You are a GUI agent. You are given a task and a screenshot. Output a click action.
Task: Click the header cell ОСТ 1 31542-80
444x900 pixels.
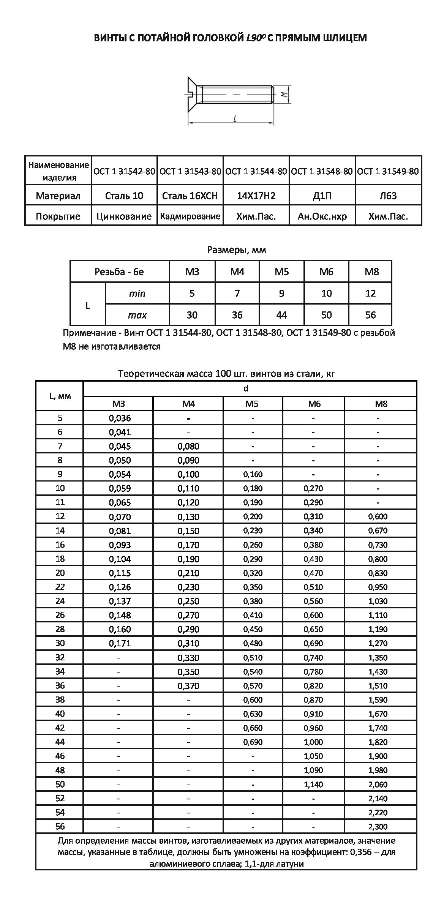click(124, 171)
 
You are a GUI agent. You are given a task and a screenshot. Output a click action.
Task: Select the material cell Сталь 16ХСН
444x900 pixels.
click(190, 196)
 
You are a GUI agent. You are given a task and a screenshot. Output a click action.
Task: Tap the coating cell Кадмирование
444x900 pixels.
click(190, 216)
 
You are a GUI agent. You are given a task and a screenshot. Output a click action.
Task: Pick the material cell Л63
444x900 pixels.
click(388, 196)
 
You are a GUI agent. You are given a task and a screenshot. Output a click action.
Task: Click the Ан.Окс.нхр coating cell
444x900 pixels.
click(322, 216)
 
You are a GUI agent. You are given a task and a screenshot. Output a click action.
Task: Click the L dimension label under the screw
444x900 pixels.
click(235, 119)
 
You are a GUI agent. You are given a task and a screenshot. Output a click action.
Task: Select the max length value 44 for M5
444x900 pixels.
click(281, 315)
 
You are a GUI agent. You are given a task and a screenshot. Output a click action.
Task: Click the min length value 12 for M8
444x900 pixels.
click(370, 293)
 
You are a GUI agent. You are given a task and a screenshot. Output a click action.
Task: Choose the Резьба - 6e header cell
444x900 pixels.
click(119, 272)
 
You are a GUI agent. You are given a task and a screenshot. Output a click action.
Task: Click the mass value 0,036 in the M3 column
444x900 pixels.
click(120, 418)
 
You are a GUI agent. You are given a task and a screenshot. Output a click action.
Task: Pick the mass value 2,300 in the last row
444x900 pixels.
click(378, 826)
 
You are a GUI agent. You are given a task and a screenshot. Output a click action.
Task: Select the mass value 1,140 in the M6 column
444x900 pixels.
click(313, 784)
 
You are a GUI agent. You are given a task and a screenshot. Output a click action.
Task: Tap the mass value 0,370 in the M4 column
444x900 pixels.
click(188, 686)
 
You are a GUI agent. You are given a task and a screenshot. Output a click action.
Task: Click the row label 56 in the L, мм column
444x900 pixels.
click(60, 826)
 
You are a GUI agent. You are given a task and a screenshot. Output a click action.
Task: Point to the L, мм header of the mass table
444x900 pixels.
click(60, 396)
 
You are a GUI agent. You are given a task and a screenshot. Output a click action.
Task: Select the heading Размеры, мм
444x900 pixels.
click(236, 250)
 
